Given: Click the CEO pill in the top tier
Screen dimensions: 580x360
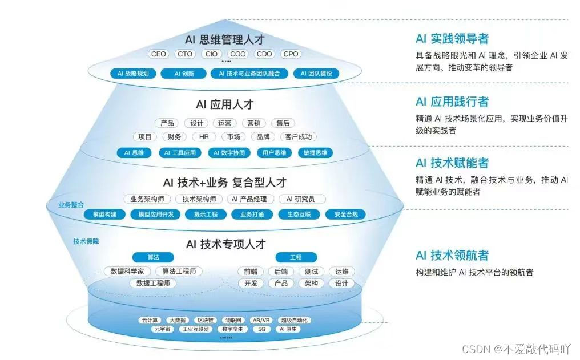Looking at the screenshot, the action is tap(158, 54).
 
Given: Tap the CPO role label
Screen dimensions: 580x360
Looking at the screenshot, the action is tap(291, 54).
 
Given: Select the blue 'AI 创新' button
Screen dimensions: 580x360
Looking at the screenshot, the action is tap(184, 74).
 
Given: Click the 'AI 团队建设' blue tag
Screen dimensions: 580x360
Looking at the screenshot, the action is tap(316, 74).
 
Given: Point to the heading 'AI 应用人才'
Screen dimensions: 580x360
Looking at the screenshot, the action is tap(224, 104).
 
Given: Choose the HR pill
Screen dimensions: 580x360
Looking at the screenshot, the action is tap(204, 137).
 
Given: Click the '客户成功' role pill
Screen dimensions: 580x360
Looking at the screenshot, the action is tap(299, 137).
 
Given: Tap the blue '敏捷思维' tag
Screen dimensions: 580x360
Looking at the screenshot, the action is tap(315, 153).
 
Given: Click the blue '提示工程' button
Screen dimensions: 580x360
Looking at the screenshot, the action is tap(206, 215).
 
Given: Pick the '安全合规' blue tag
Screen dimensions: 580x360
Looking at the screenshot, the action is tap(345, 215).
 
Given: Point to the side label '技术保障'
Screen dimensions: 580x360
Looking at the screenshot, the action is tap(86, 241).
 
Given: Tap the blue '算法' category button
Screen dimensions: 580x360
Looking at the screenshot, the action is tap(152, 257).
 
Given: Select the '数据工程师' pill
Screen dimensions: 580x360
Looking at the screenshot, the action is tap(152, 284).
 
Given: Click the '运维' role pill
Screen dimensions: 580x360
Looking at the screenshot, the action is tap(341, 272).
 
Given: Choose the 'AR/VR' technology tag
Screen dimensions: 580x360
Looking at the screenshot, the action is tap(261, 321).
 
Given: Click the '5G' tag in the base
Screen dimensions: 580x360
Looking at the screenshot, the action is tap(262, 329).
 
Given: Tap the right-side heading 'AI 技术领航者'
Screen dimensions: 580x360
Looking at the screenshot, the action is tap(452, 255).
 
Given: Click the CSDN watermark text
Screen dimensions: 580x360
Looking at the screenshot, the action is tap(516, 349).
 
